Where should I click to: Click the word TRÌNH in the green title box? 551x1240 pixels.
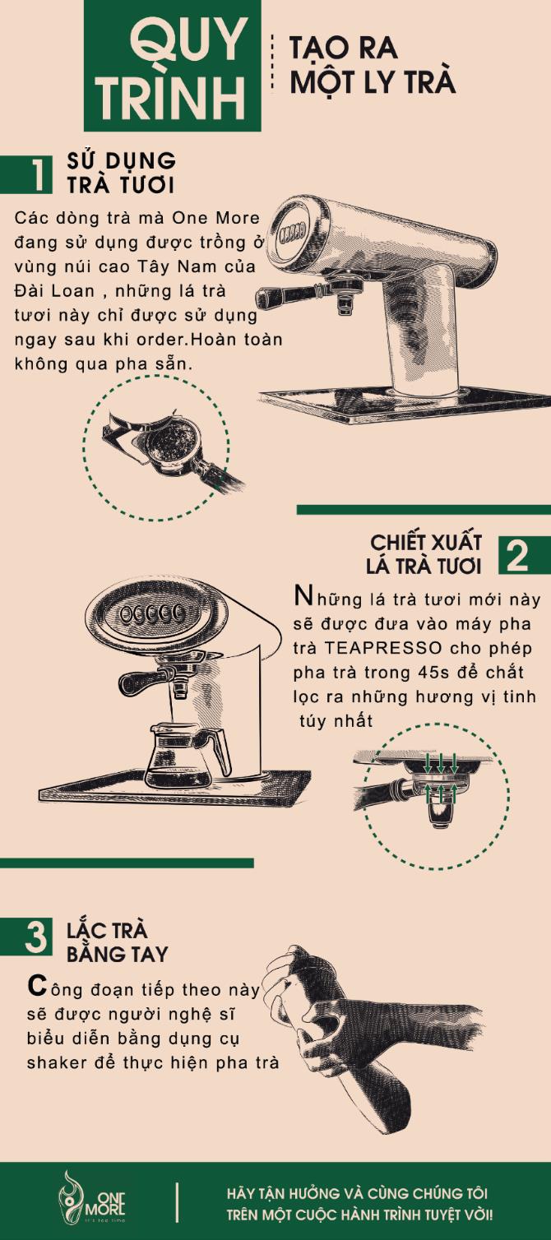(172, 96)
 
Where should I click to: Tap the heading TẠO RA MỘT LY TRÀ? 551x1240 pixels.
(372, 65)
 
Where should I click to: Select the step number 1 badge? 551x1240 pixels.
(37, 175)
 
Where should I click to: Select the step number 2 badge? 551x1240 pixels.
(517, 557)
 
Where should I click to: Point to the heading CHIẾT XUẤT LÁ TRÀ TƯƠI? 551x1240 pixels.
(425, 554)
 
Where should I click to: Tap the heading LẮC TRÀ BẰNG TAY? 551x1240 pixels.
(117, 942)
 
